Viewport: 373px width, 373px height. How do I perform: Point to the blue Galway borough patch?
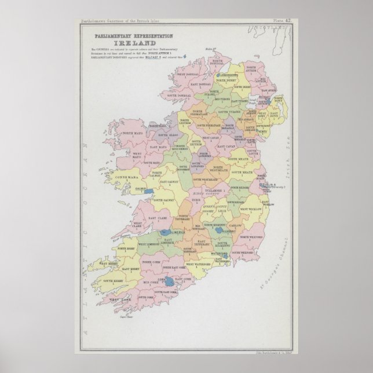click(149, 189)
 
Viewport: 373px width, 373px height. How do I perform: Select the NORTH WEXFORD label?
click(252, 238)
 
